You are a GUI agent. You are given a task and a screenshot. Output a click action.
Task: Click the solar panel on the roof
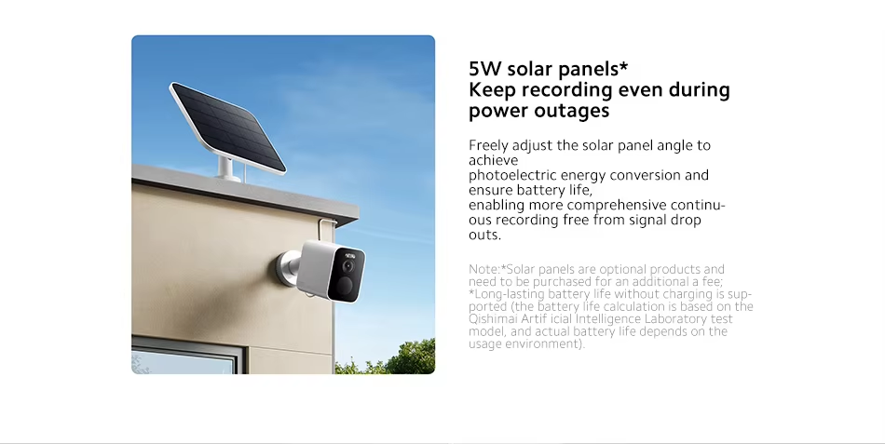click(227, 128)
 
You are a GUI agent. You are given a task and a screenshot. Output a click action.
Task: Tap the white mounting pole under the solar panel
click(227, 168)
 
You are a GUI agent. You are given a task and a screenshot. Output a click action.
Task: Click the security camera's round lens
click(348, 266)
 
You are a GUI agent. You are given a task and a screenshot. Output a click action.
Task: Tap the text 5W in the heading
click(484, 69)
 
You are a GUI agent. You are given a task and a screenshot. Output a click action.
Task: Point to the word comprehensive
click(617, 205)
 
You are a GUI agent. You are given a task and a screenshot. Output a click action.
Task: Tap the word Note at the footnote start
click(484, 269)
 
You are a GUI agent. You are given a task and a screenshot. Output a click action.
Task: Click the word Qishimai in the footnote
click(487, 319)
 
